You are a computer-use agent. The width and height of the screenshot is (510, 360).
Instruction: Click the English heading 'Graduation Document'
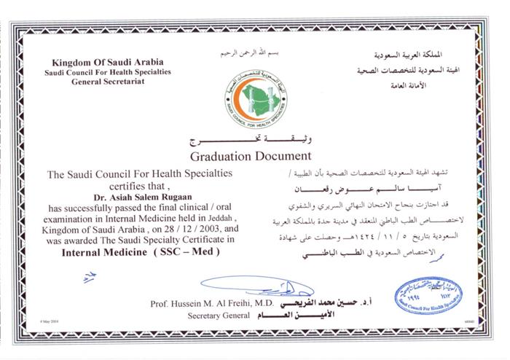pos(251,156)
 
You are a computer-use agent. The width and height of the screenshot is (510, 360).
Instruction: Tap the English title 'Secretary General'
pos(216,317)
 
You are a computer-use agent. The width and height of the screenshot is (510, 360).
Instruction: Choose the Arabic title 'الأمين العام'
pos(275,318)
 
